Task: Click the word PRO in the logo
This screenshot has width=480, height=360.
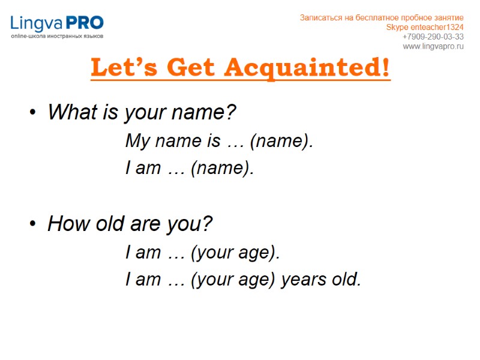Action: pyautogui.click(x=85, y=23)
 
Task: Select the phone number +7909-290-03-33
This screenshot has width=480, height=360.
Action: pyautogui.click(x=433, y=37)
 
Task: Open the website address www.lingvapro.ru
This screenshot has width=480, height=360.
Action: pyautogui.click(x=433, y=46)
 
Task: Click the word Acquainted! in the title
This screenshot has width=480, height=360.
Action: pyautogui.click(x=307, y=68)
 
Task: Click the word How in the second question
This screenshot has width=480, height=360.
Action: pyautogui.click(x=65, y=224)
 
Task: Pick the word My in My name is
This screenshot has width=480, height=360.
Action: pyautogui.click(x=137, y=142)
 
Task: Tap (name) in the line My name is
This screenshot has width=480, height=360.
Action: pyautogui.click(x=281, y=142)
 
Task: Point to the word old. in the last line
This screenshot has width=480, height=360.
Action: pyautogui.click(x=346, y=279)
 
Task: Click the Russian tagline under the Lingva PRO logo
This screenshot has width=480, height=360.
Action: pyautogui.click(x=57, y=37)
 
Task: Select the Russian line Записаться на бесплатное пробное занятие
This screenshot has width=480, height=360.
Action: pyautogui.click(x=382, y=17)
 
